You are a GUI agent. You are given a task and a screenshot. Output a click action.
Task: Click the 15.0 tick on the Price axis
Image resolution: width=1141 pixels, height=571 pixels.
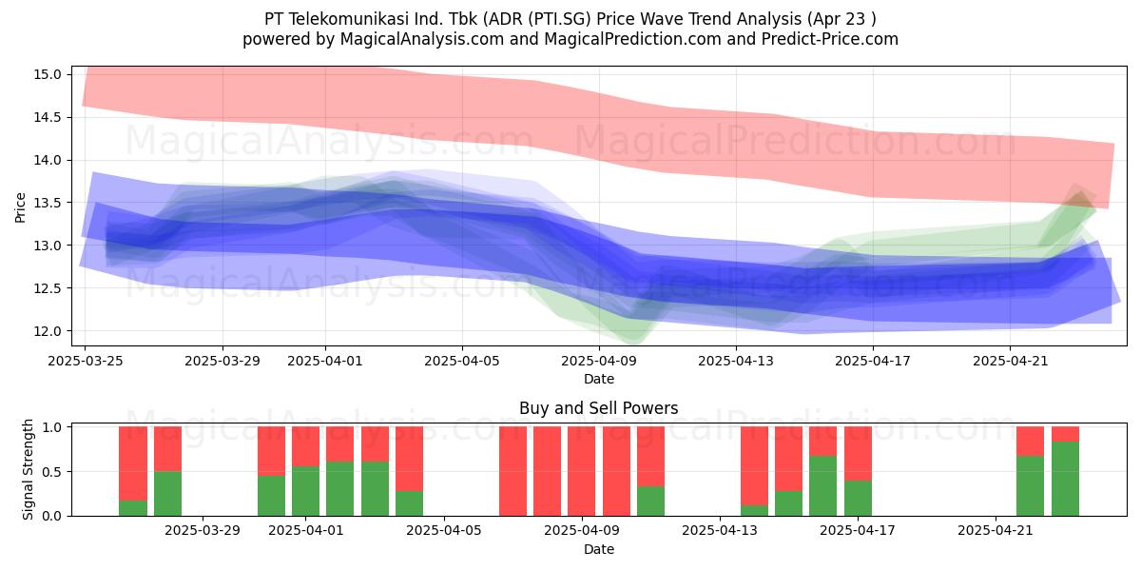(47, 74)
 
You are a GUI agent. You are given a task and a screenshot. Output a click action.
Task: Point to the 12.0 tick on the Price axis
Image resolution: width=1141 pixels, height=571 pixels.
(47, 331)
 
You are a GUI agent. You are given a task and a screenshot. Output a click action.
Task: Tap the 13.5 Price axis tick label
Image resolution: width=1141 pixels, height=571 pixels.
(47, 203)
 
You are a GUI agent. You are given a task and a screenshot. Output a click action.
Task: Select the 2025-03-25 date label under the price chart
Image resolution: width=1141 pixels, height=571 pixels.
(85, 361)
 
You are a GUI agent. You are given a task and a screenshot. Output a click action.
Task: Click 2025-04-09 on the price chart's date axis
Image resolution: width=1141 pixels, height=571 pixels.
(599, 361)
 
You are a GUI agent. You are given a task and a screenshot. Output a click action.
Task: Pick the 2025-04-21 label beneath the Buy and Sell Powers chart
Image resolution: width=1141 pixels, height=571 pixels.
(996, 530)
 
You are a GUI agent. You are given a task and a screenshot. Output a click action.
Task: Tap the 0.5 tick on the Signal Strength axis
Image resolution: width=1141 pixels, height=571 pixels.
(52, 472)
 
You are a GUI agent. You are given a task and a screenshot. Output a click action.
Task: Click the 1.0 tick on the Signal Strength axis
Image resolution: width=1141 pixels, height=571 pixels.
(52, 427)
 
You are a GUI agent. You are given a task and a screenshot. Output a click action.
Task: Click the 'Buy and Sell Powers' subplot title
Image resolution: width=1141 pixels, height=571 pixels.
(598, 408)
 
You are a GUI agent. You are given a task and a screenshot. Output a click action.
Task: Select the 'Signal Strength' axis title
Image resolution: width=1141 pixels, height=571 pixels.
(28, 469)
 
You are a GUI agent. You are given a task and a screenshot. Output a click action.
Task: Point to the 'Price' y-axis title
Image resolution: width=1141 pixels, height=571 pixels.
(20, 207)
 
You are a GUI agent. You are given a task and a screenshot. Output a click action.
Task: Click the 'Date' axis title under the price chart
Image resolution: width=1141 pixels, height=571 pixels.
(599, 379)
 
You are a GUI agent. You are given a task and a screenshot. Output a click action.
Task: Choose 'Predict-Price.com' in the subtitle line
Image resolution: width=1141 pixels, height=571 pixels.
(830, 39)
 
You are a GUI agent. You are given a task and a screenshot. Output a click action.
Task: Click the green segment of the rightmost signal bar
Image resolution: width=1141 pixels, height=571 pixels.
(1065, 479)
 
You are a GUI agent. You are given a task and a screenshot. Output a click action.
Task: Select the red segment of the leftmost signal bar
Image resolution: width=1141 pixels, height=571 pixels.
(133, 463)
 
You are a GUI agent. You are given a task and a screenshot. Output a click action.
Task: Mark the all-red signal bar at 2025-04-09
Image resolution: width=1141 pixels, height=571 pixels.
(581, 471)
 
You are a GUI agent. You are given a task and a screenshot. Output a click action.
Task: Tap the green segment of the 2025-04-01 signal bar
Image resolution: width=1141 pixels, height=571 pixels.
(305, 491)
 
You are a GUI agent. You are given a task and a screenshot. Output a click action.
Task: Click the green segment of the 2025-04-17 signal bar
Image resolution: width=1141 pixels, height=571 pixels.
(858, 498)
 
